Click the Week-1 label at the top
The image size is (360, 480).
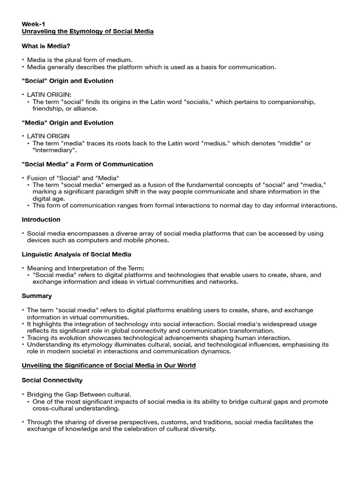[x=33, y=23]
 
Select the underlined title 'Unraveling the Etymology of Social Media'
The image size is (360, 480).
[x=88, y=31]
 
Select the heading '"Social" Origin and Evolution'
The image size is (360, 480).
[x=67, y=81]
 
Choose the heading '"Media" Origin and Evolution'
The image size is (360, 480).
[x=67, y=123]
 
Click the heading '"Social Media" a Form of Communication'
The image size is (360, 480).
[x=87, y=164]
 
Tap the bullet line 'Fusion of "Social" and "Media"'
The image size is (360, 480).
[x=73, y=178]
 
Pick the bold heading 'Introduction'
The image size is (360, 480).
[x=41, y=219]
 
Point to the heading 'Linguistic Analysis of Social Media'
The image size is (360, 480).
[x=77, y=254]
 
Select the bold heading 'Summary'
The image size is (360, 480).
[x=37, y=296]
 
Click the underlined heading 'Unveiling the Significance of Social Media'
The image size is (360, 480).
[x=109, y=366]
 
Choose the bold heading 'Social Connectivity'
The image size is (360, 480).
[x=52, y=380]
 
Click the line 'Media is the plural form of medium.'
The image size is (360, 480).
[x=80, y=60]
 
